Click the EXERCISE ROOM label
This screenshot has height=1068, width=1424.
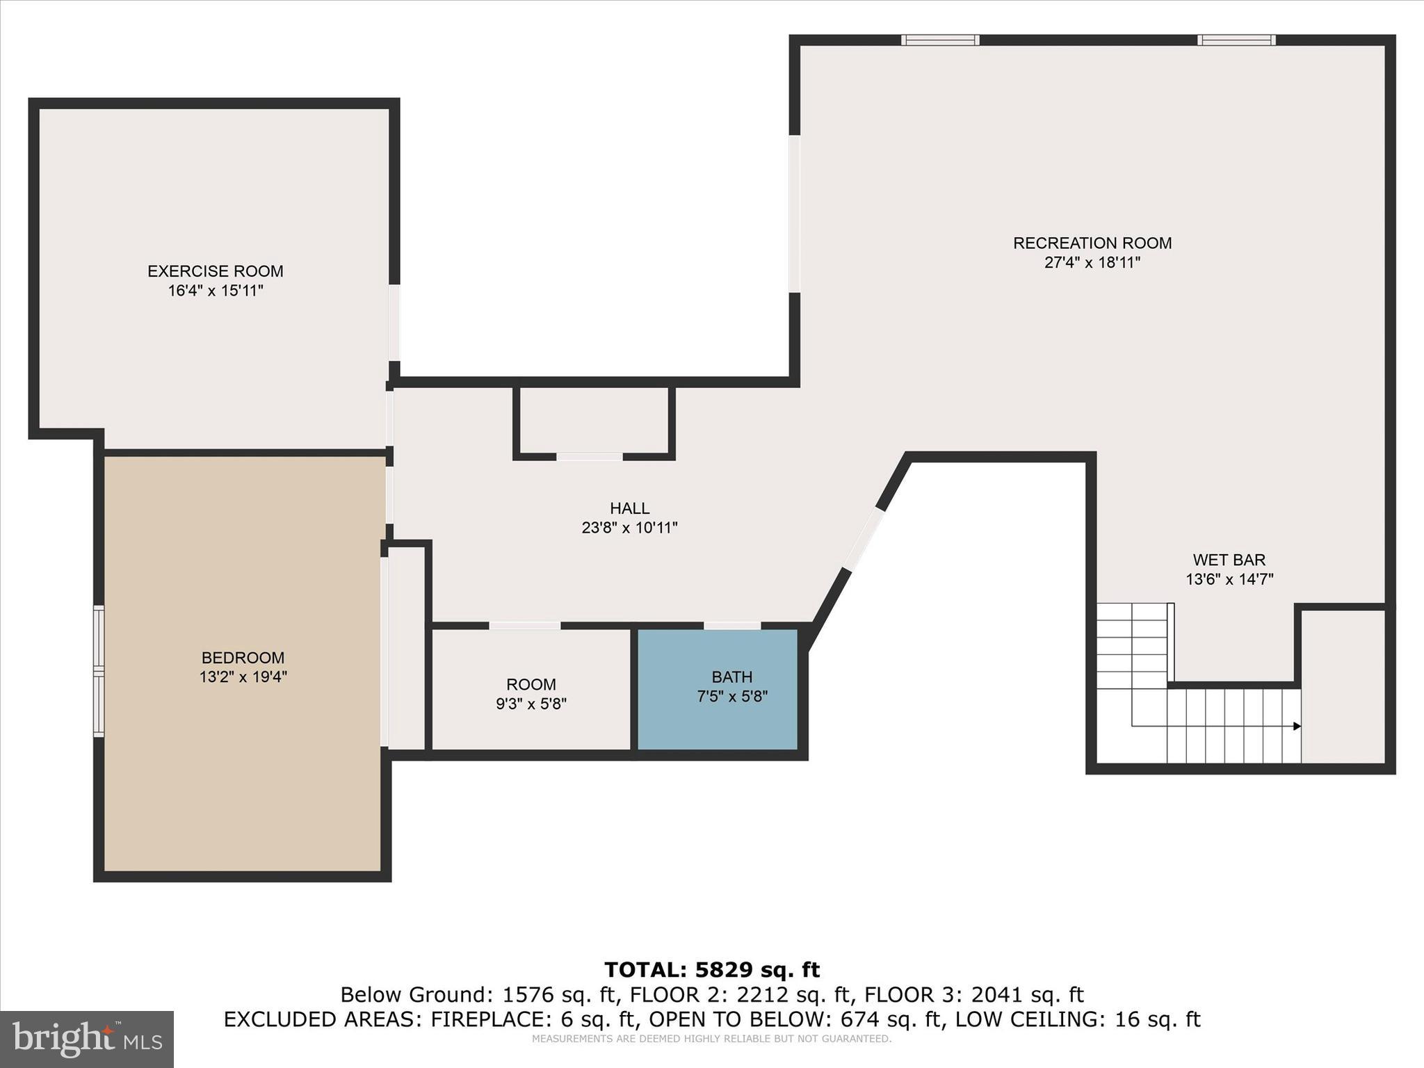coord(215,271)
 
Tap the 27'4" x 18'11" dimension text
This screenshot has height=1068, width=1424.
coord(1092,263)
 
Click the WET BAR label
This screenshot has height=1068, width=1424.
coord(1229,560)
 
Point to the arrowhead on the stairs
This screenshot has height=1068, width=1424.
coord(1297,726)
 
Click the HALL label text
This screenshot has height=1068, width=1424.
coord(629,508)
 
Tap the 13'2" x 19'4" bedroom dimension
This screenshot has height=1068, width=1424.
coord(243,677)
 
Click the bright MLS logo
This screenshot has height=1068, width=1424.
coord(87,1039)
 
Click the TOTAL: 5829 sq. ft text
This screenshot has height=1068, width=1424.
coord(711,969)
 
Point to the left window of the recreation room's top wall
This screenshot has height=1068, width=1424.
coord(940,40)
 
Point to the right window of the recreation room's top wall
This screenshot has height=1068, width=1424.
coord(1236,40)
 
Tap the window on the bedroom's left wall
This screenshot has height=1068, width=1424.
coord(99,671)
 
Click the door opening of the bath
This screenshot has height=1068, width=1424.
coord(732,626)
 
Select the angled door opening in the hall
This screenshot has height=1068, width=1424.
coord(864,540)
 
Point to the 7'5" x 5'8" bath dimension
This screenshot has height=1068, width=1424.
coord(731,696)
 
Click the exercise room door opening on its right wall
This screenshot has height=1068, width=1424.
coord(394,323)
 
